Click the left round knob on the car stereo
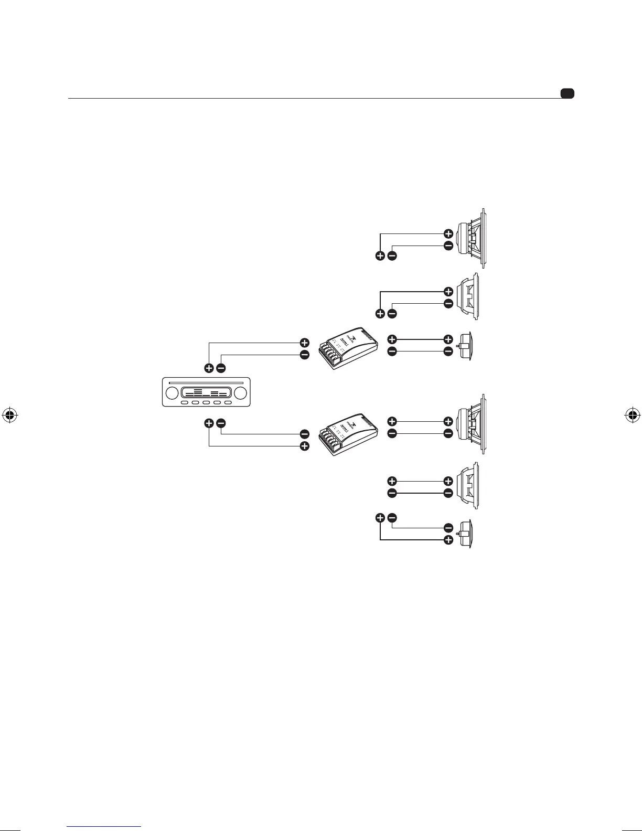point(171,393)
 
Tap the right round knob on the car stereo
point(241,393)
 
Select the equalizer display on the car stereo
point(206,393)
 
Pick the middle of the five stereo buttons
point(206,402)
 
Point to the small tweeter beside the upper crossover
point(466,346)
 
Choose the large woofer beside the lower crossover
point(473,425)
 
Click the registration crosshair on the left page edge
point(9,415)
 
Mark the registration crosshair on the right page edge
point(633,415)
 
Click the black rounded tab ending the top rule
point(567,94)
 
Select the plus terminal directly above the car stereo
point(209,368)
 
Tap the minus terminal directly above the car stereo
point(221,368)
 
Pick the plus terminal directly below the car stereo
point(209,423)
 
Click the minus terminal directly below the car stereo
point(221,423)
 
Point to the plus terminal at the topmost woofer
point(448,233)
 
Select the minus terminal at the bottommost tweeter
point(448,528)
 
